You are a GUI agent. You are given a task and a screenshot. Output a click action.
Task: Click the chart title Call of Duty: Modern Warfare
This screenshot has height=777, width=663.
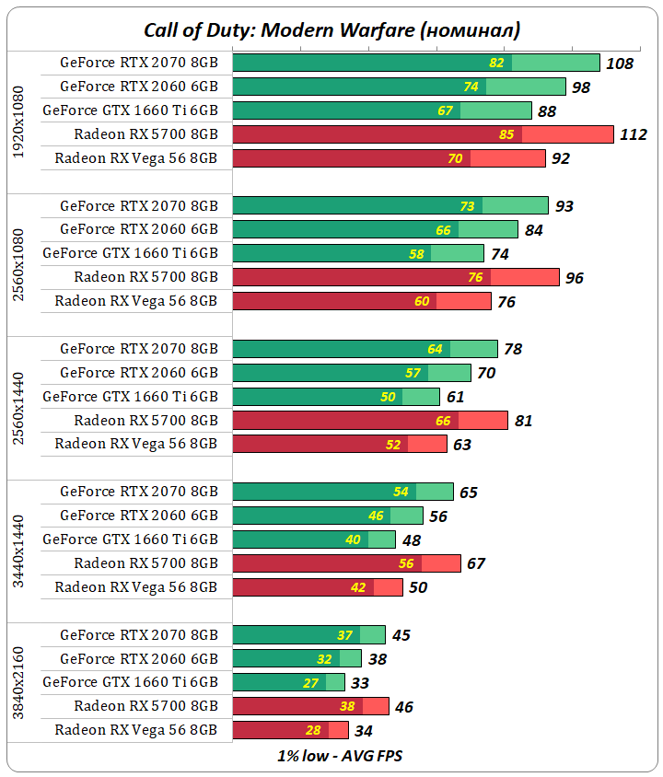(x=331, y=29)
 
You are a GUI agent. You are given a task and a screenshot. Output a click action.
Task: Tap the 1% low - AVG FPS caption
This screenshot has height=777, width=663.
(x=340, y=756)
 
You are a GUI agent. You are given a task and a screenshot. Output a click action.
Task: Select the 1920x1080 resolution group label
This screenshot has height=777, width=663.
(x=19, y=122)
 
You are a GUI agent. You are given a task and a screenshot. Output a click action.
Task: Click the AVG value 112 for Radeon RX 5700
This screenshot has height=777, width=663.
(x=634, y=134)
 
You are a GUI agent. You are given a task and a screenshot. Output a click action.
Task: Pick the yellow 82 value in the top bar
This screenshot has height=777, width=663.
(x=497, y=63)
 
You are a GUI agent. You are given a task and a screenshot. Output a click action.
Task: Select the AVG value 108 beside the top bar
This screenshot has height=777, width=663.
(x=620, y=63)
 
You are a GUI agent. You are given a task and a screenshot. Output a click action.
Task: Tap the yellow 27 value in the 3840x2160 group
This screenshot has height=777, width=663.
(x=311, y=683)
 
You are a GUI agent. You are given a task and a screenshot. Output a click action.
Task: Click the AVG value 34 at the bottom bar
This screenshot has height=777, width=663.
(x=364, y=731)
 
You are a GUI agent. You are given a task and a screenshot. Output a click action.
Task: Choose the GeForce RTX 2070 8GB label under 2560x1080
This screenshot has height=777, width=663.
(x=139, y=205)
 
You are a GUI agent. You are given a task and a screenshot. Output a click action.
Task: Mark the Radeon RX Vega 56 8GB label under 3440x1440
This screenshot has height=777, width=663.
(x=136, y=586)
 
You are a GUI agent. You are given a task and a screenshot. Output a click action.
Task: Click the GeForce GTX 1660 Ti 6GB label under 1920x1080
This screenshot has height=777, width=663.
(x=130, y=110)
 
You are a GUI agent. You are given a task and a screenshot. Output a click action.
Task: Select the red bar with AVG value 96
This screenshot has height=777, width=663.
(x=396, y=277)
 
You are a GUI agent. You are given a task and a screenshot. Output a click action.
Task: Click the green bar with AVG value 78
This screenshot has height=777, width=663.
(x=365, y=349)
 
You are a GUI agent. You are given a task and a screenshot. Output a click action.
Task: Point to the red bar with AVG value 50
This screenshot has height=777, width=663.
(x=318, y=587)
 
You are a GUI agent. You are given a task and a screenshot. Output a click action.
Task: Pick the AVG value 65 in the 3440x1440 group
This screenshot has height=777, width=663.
(x=469, y=493)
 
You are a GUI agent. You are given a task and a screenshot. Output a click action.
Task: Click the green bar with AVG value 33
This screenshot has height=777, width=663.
(x=288, y=682)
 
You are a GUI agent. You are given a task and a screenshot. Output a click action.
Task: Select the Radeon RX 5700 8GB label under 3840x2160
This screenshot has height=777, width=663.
(x=146, y=706)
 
